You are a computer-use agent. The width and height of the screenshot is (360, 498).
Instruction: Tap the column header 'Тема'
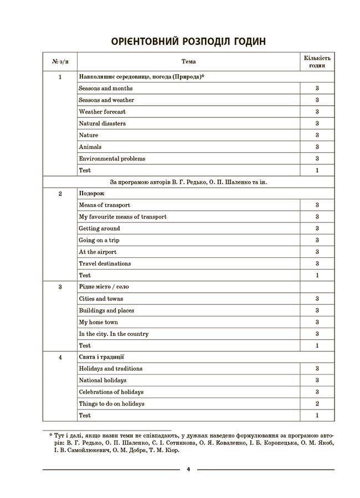[x=188, y=61]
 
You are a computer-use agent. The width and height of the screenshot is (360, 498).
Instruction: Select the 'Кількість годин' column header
[x=317, y=61]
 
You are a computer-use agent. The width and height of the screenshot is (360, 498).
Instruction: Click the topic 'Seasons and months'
[x=105, y=89]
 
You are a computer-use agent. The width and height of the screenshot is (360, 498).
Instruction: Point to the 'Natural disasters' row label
[x=102, y=123]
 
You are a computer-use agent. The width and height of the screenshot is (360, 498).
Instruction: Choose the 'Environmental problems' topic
[x=112, y=159]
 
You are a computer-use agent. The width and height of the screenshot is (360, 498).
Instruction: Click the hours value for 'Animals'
[x=317, y=147]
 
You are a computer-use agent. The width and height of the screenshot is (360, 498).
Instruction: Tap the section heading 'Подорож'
[x=91, y=194]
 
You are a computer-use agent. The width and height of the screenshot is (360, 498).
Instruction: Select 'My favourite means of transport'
[x=122, y=217]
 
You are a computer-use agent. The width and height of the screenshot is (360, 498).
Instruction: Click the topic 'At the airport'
[x=97, y=252]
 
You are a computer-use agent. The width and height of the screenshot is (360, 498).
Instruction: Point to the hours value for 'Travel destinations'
[x=317, y=264]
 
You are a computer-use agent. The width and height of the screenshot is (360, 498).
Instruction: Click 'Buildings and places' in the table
[x=106, y=310]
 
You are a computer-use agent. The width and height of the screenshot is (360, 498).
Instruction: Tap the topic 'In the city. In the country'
[x=114, y=334]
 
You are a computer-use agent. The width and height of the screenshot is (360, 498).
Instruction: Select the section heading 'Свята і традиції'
[x=101, y=357]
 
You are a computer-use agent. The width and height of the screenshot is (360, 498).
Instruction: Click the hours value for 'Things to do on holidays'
[x=317, y=404]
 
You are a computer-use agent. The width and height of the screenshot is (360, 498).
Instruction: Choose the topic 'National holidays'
[x=102, y=381]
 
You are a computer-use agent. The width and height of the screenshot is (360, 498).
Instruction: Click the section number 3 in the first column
[x=60, y=287]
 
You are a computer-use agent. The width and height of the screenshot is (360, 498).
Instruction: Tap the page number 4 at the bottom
[x=188, y=470]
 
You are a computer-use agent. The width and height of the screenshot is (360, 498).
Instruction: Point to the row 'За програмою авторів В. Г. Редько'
[x=188, y=182]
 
